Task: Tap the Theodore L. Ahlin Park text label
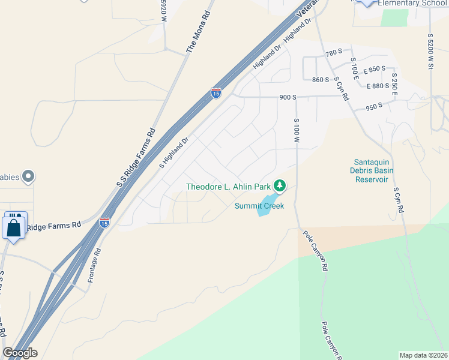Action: [229, 187]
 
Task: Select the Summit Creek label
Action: [259, 206]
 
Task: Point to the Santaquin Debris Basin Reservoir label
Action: [374, 170]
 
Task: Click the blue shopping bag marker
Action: [13, 227]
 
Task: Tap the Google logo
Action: [20, 353]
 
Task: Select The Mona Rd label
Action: [200, 31]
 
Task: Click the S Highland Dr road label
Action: [174, 152]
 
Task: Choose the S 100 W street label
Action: [297, 130]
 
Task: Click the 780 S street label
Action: [334, 53]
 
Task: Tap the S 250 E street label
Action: [394, 85]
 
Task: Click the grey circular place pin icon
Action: [28, 176]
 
